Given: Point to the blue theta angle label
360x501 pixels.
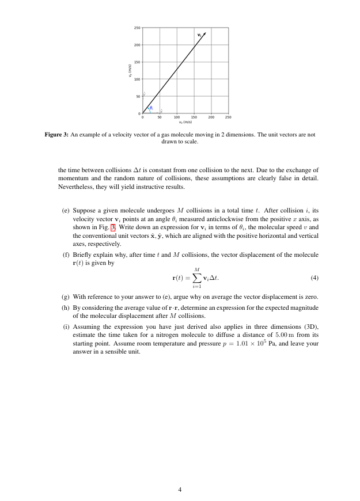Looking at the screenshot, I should point(151,108).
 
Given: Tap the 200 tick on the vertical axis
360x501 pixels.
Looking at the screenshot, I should point(137,45).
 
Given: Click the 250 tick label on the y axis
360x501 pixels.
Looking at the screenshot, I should point(137,28).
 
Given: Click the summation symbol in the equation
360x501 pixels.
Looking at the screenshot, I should point(197,278).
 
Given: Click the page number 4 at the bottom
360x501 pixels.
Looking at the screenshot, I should point(180,490).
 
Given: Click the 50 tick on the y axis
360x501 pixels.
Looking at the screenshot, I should point(138,96).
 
